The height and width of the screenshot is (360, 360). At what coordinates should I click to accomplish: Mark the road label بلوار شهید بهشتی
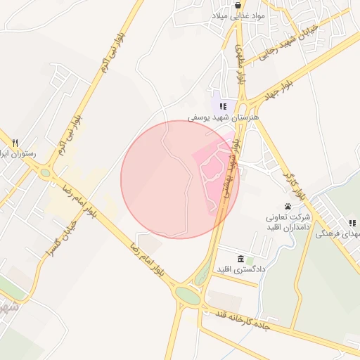pos(230,169)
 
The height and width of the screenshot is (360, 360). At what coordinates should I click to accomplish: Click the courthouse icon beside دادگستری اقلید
pos(241,259)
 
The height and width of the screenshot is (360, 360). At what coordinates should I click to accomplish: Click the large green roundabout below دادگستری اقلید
pos(188,295)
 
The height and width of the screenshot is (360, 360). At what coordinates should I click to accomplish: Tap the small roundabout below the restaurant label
pos(46,172)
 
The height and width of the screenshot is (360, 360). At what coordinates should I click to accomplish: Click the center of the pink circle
pos(180,180)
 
